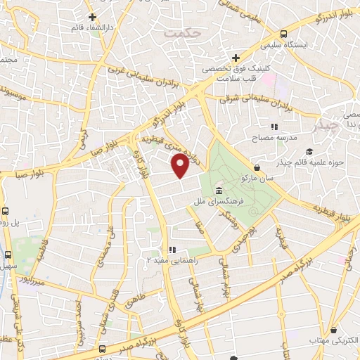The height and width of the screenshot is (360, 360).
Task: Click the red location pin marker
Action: tap(181, 166)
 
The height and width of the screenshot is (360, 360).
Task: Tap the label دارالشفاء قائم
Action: tap(91, 28)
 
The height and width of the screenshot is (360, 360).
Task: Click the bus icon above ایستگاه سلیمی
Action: tap(283, 34)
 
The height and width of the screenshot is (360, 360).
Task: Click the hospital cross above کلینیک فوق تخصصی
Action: tap(236, 57)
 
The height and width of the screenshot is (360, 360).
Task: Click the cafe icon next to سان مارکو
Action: tap(257, 167)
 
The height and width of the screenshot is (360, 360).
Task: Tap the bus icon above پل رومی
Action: tap(6, 210)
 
